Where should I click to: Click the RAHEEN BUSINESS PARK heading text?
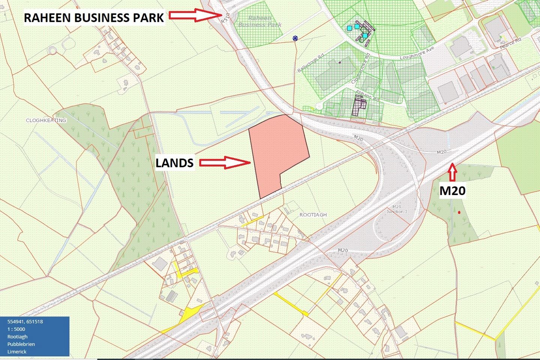tap(94, 17)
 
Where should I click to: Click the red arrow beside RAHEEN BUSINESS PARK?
tap(195, 15)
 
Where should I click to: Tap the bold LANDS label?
tap(174, 163)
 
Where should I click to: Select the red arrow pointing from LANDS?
tap(224, 162)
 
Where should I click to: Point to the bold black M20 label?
tap(452, 190)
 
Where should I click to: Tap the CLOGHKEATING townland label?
tap(46, 120)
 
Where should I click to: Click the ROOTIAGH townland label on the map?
tap(313, 215)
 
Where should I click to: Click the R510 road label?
tap(225, 18)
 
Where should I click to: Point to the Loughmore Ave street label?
tap(417, 53)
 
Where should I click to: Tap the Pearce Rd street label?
tap(510, 43)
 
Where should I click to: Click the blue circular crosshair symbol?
tap(295, 38)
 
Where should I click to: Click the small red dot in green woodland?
tap(459, 213)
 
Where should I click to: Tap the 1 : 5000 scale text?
tap(16, 329)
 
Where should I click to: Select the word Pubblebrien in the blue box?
tap(21, 344)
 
